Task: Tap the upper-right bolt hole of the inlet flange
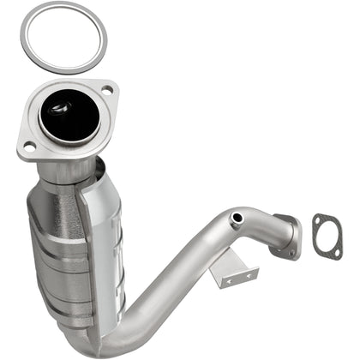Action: click(x=106, y=87)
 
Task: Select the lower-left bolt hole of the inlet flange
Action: click(x=28, y=147)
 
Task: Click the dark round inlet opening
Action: click(x=68, y=115)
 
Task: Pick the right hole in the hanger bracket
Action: click(x=249, y=273)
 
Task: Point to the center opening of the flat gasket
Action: click(x=326, y=236)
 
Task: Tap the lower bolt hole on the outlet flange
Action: click(x=291, y=252)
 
